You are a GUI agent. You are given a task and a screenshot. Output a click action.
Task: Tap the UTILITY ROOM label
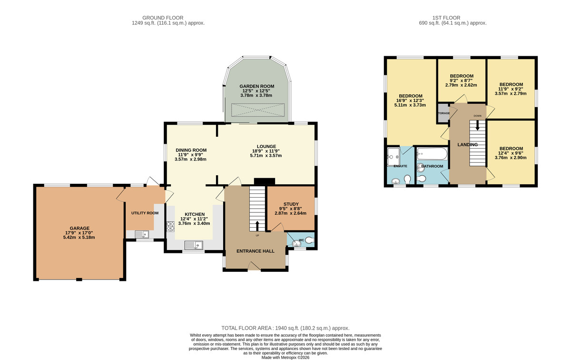pyautogui.click(x=145, y=213)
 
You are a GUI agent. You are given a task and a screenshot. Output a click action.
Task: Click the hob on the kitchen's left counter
pyautogui.click(x=170, y=226)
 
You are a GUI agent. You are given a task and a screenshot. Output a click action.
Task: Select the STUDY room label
pyautogui.click(x=291, y=204)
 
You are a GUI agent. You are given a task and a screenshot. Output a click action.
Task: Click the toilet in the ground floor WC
pyautogui.click(x=309, y=241)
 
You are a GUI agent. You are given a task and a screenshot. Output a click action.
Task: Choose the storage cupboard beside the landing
pyautogui.click(x=443, y=113)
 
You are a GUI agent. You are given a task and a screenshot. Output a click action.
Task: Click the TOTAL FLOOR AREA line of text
pyautogui.click(x=285, y=328)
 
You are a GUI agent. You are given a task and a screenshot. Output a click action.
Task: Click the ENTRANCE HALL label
pyautogui.click(x=256, y=251)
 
